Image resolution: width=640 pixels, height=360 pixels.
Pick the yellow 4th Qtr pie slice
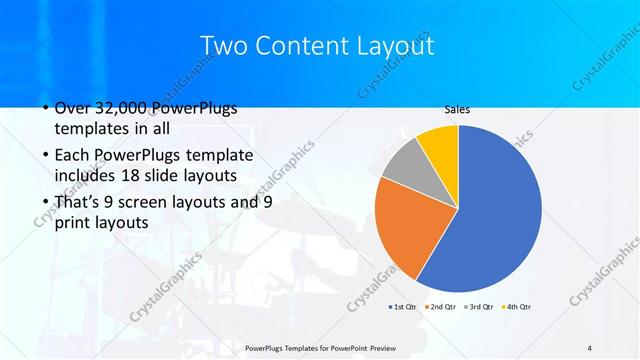point(440,143)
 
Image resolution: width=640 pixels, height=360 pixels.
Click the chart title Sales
point(457,110)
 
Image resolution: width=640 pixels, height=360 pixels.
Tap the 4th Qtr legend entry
point(516,306)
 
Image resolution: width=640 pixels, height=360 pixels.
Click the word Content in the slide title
point(301,45)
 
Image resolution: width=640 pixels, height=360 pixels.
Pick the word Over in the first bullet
point(74,109)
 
